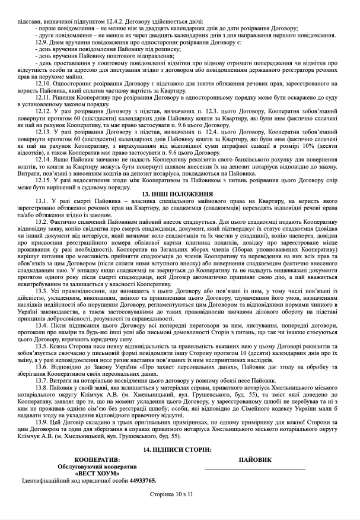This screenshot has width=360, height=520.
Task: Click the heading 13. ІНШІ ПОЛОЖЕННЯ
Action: (180, 194)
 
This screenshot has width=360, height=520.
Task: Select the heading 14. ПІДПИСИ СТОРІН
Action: (180, 449)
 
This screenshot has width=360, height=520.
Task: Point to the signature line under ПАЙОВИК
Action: (255, 470)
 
